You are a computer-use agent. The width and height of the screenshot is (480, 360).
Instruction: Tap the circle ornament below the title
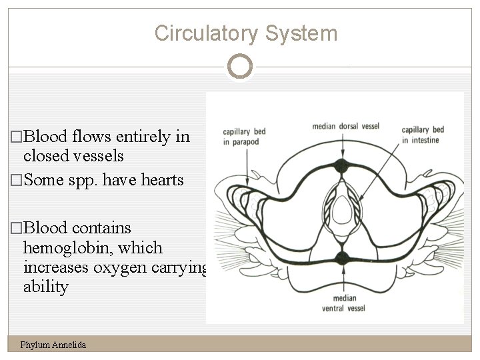(x=240, y=67)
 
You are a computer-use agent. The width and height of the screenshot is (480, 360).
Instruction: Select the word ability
(x=45, y=287)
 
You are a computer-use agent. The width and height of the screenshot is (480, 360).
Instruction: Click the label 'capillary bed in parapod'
(x=245, y=135)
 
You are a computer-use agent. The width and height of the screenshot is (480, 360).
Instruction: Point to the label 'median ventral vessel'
(x=342, y=304)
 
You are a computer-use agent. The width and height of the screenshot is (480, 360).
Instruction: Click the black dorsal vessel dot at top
(x=342, y=166)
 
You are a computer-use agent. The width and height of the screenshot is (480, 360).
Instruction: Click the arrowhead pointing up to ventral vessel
(x=342, y=271)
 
